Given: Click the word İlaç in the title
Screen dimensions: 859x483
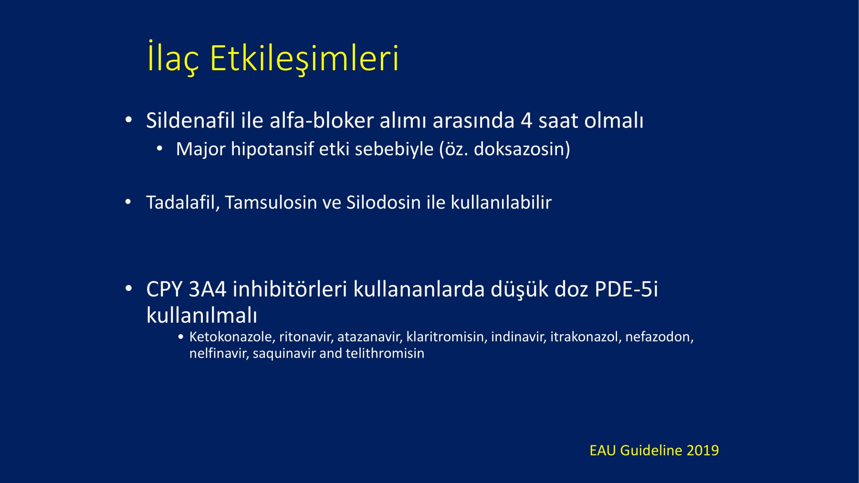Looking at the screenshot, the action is [173, 58].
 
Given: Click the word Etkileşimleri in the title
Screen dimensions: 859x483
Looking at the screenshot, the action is [304, 58].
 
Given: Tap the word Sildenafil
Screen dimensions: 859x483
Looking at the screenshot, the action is [190, 120].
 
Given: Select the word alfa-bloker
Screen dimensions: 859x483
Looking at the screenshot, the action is [322, 120].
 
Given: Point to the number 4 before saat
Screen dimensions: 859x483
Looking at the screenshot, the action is [526, 121].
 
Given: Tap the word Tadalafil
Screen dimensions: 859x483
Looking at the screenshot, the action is [183, 202].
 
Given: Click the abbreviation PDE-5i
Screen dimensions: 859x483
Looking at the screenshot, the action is [626, 289].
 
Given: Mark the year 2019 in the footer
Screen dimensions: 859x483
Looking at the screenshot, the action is [702, 451].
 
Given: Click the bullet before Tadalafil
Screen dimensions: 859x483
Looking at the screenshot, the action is [128, 202].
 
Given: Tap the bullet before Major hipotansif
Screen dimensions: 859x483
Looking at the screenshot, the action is [160, 149].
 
